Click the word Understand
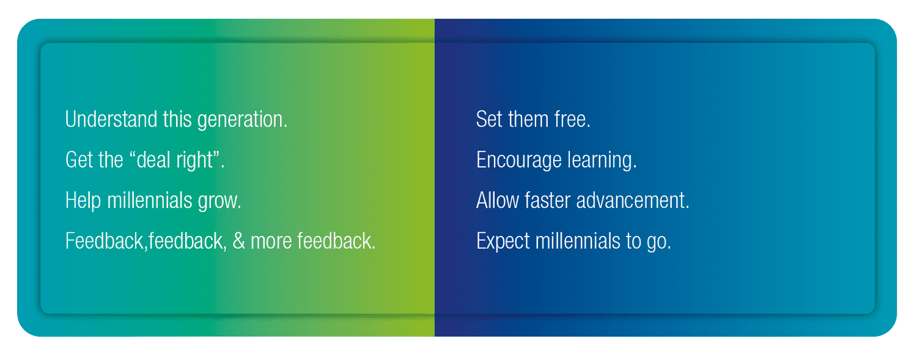(111, 119)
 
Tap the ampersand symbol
(238, 241)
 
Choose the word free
(572, 119)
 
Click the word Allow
(498, 200)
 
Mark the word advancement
(633, 200)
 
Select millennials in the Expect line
(578, 241)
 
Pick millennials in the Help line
(149, 200)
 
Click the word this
(177, 119)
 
